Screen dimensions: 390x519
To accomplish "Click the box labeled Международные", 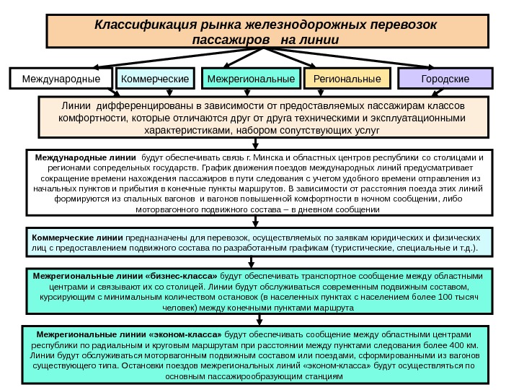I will pyautogui.click(x=61, y=78).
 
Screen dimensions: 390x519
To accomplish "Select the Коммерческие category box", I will pyautogui.click(x=156, y=78).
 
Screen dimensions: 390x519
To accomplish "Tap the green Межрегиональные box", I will pyautogui.click(x=252, y=78).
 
